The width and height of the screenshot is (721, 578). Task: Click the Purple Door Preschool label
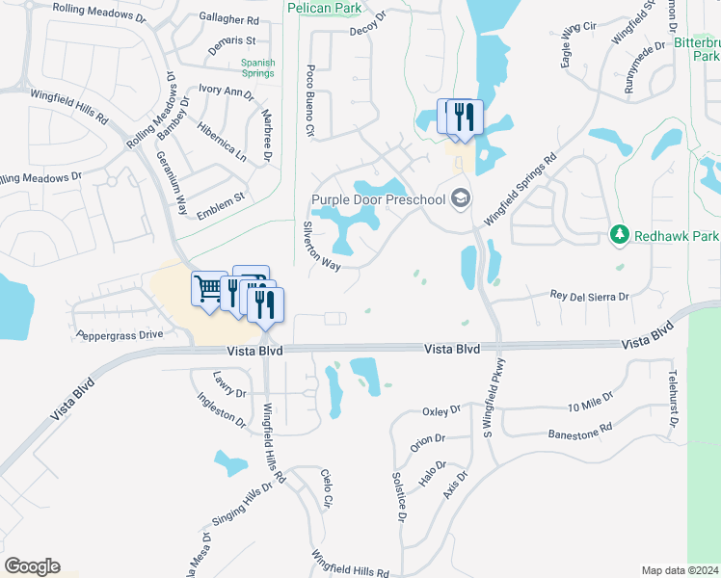378,199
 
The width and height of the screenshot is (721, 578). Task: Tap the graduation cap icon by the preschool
461,198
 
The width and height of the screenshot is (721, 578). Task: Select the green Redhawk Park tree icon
618,235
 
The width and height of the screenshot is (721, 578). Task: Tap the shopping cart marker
208,288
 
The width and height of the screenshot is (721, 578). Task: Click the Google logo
32,566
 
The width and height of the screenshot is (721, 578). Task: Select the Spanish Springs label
258,69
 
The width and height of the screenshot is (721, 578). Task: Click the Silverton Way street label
323,249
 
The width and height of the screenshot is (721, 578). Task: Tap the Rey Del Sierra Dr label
589,297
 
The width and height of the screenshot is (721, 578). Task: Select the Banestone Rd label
579,432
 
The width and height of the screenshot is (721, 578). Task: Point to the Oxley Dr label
442,411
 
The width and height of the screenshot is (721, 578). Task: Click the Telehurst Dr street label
672,396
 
